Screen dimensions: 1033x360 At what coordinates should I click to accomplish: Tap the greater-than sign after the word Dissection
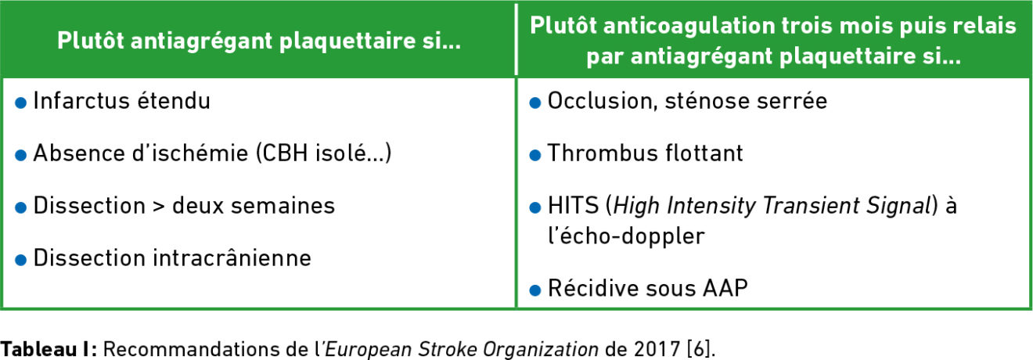(159, 207)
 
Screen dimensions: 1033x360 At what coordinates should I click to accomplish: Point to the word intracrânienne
(232, 257)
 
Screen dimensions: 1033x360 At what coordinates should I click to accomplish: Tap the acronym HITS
(573, 206)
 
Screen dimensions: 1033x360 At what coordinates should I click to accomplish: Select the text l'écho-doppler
(626, 236)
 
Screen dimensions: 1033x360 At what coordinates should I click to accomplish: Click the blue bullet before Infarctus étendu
(21, 103)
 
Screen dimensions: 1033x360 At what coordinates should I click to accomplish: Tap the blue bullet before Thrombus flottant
(535, 155)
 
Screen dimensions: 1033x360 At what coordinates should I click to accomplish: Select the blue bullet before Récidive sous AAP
(535, 290)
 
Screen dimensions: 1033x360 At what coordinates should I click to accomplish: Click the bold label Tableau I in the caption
(47, 349)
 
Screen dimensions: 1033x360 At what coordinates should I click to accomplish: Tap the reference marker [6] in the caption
(699, 349)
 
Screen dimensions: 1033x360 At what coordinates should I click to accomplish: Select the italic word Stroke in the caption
(448, 349)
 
